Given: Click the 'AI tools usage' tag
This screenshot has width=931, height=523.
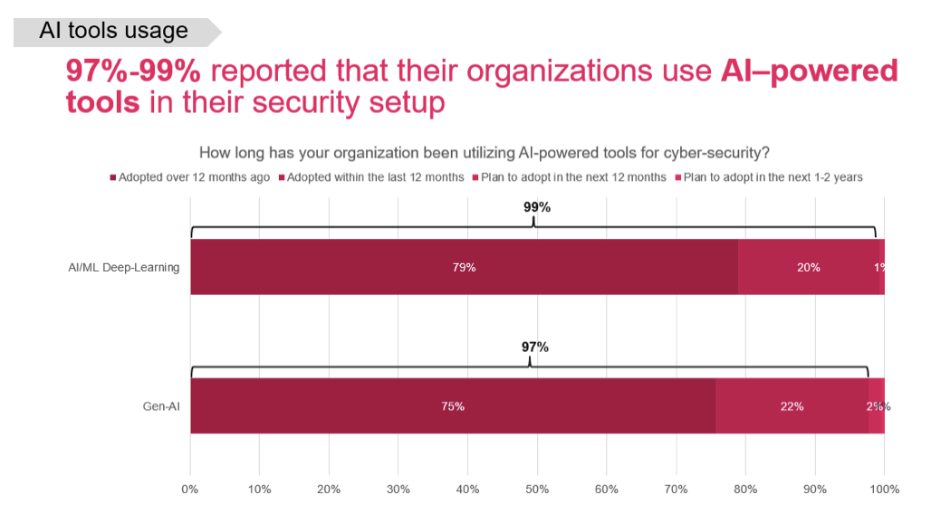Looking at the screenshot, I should tap(114, 31).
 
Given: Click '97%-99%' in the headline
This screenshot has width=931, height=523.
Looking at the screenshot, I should tap(138, 71).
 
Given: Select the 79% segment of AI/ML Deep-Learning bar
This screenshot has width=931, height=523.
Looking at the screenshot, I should tap(464, 267).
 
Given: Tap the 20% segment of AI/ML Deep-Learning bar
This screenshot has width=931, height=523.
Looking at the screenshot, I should tap(809, 267).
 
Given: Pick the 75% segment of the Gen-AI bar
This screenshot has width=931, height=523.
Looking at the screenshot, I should tap(453, 406).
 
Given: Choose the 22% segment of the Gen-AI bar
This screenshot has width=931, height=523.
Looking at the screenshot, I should tap(792, 406).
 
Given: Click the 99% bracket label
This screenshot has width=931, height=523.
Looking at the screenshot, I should tap(537, 207).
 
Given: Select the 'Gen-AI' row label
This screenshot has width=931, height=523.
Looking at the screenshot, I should tap(161, 406).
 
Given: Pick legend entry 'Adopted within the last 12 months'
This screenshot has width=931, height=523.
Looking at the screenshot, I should tap(375, 177).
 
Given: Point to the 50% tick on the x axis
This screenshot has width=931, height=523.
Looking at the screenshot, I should tap(537, 490).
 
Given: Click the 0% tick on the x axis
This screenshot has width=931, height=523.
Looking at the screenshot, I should tap(190, 490).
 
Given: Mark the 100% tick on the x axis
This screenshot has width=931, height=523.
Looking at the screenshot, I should tap(884, 490).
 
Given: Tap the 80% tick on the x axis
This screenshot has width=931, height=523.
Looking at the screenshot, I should tap(745, 490).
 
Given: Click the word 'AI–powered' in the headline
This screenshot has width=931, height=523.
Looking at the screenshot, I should tap(810, 71).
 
